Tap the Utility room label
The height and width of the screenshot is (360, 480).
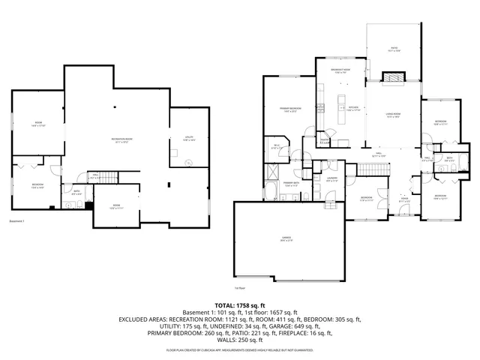click(x=189, y=139)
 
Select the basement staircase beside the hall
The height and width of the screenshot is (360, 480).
click(x=109, y=178)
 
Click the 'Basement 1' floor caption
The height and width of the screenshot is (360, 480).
click(x=17, y=221)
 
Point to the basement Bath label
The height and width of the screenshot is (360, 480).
click(x=76, y=191)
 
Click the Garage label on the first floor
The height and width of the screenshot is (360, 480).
click(x=286, y=238)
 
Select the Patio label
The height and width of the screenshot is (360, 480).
click(x=393, y=50)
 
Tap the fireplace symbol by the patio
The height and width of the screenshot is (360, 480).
click(x=393, y=77)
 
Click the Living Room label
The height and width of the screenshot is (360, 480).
click(x=393, y=115)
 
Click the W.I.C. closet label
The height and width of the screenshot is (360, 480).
click(x=276, y=147)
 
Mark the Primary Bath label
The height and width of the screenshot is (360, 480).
click(x=290, y=184)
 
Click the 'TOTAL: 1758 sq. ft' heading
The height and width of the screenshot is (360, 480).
click(x=241, y=305)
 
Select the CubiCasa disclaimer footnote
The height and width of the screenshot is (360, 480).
click(x=241, y=349)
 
